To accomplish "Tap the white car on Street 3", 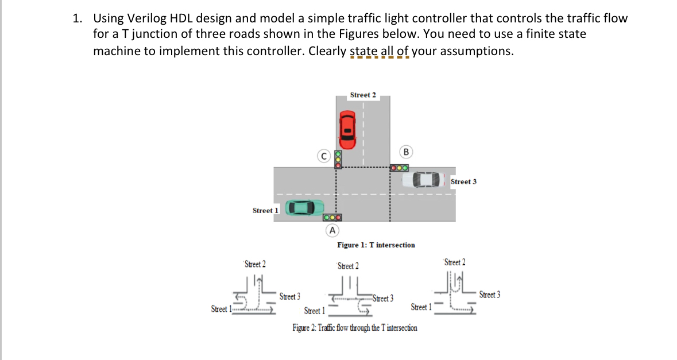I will coord(423,180).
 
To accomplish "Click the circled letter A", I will coord(331,230).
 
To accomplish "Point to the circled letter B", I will coord(406,152).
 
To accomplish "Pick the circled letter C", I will coord(324,155).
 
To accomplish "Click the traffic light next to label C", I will coord(338,159).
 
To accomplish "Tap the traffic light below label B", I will coord(399,168).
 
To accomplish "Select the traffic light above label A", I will coord(332,218).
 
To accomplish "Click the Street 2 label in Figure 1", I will coord(363,95).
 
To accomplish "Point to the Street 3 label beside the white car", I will coord(463,181).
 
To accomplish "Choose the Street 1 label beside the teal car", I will coord(265,210).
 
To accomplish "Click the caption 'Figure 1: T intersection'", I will coord(376,245).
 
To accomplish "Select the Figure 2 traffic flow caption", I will coord(354,328).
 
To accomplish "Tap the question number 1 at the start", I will coord(76,18).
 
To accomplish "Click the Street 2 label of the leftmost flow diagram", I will coord(255,264).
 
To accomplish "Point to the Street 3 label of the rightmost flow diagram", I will coord(489,295).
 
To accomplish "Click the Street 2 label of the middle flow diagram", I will coord(347,266).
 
